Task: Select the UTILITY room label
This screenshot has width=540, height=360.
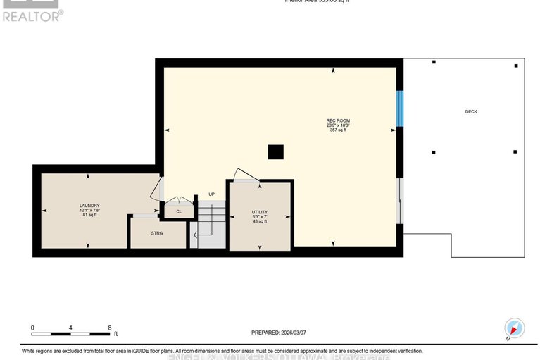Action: pyautogui.click(x=260, y=212)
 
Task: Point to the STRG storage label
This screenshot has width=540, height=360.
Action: pyautogui.click(x=156, y=232)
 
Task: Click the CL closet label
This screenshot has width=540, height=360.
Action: pyautogui.click(x=179, y=211)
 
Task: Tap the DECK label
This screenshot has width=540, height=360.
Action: pyautogui.click(x=471, y=111)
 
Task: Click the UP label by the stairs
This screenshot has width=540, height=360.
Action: pyautogui.click(x=211, y=194)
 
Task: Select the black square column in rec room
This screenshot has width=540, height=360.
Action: pyautogui.click(x=276, y=152)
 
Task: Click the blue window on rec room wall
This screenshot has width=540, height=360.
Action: pyautogui.click(x=399, y=108)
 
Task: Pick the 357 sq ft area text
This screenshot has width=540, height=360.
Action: pyautogui.click(x=338, y=130)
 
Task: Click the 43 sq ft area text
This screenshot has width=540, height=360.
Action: pyautogui.click(x=260, y=222)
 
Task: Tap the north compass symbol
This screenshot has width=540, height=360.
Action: pyautogui.click(x=514, y=329)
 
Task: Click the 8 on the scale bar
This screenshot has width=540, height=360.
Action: pyautogui.click(x=110, y=328)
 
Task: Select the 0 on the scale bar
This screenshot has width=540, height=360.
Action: pyautogui.click(x=32, y=328)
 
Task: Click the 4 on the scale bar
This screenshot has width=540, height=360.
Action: pyautogui.click(x=71, y=328)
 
